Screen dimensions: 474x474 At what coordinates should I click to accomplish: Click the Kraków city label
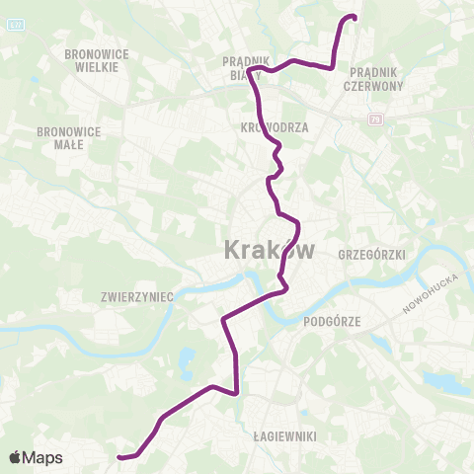coord(270,249)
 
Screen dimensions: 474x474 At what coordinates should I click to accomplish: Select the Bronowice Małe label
coord(62,136)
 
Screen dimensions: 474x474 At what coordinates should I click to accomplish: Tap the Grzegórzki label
coord(372,254)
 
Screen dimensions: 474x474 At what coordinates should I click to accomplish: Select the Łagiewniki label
coord(282,434)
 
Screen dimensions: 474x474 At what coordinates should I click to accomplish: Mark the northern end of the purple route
coord(354,17)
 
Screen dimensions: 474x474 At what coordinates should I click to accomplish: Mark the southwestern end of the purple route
coord(119,457)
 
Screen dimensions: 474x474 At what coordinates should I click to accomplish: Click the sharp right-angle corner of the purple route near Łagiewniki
coord(238,392)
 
